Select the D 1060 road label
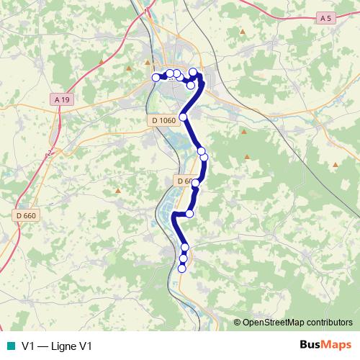click(x=163, y=120)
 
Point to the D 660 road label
click(x=25, y=215)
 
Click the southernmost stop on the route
click(x=181, y=269)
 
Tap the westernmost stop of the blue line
click(x=156, y=78)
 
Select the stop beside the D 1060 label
click(x=183, y=117)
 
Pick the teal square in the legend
click(x=9, y=346)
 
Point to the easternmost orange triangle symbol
click(x=336, y=165)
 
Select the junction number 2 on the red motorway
click(x=50, y=153)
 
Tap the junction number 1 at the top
click(x=147, y=12)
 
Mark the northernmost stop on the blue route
click(x=193, y=72)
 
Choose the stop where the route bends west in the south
click(x=190, y=213)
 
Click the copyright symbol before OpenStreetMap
click(x=237, y=323)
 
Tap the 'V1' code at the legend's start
click(x=29, y=346)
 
